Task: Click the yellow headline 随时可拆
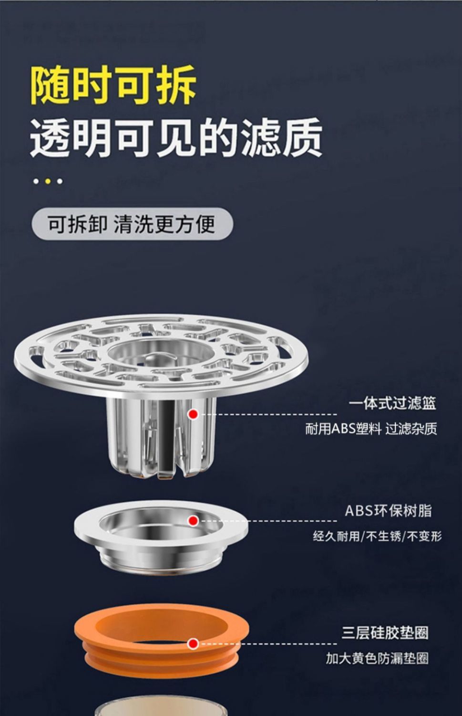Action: click(x=113, y=85)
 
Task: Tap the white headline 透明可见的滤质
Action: click(x=176, y=137)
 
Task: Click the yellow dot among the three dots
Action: click(x=48, y=181)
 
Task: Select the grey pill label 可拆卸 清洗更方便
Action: click(x=132, y=224)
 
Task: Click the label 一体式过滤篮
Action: click(x=392, y=404)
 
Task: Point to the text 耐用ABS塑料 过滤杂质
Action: click(x=371, y=429)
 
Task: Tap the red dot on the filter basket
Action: click(x=193, y=415)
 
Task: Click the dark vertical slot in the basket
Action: click(x=166, y=438)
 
